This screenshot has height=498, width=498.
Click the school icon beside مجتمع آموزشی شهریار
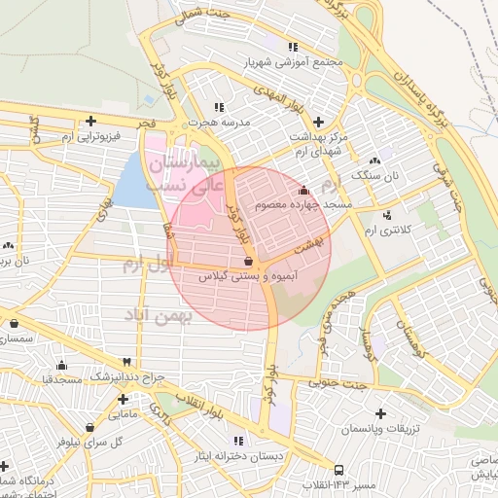293,46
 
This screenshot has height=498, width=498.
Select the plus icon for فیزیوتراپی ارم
90,122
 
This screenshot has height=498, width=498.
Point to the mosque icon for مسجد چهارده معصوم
305,190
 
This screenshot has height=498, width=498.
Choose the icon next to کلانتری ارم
387,214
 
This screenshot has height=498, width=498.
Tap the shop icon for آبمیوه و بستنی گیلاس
248,261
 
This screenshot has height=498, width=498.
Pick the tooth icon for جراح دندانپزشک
126,361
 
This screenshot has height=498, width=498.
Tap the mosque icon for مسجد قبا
62,366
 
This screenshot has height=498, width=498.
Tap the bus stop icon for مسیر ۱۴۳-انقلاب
338,470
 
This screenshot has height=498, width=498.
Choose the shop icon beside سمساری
14,324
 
